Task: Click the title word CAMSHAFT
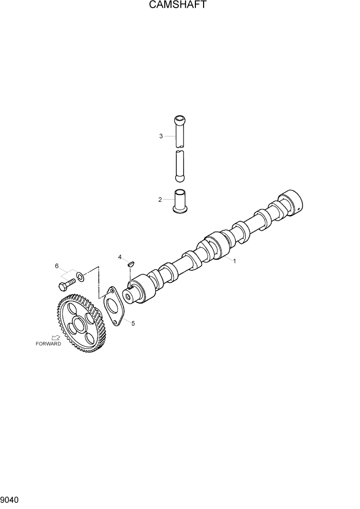[179, 6]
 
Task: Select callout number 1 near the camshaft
[234, 261]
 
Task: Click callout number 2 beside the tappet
[160, 200]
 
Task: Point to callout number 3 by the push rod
[161, 136]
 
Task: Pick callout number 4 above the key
[120, 257]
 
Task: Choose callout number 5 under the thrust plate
[133, 324]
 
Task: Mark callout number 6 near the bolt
[57, 265]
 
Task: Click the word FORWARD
[48, 344]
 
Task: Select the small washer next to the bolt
[80, 278]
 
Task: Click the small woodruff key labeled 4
[130, 264]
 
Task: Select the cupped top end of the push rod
[179, 121]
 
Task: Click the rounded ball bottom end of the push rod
[179, 178]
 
